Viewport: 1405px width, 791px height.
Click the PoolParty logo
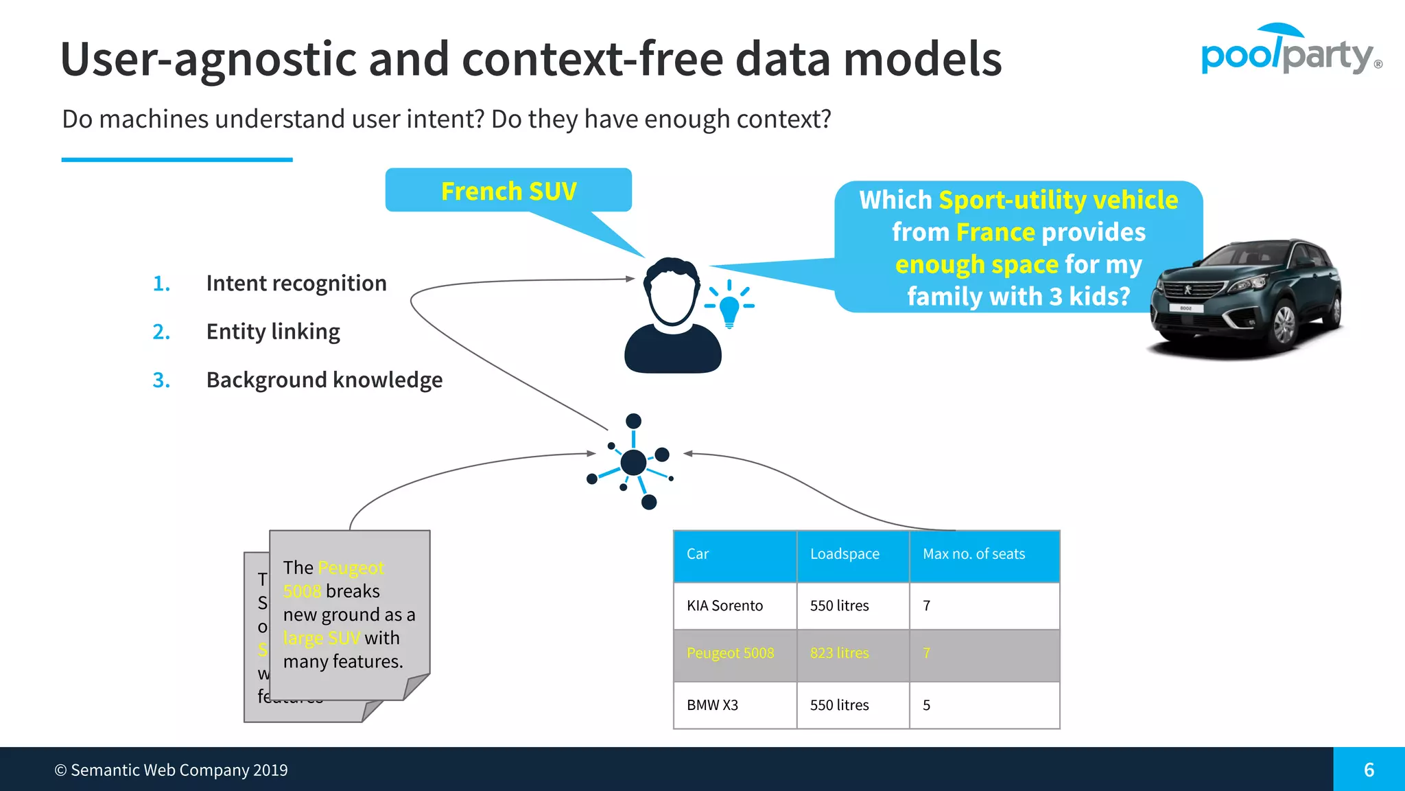pyautogui.click(x=1290, y=52)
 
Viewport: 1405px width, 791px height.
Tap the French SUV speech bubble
pyautogui.click(x=508, y=190)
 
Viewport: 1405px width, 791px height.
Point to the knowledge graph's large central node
pyautogui.click(x=633, y=462)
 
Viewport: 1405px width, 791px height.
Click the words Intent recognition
pyautogui.click(x=296, y=283)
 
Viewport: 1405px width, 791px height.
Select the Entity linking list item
pyautogui.click(x=273, y=331)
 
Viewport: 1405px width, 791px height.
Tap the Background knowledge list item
pyautogui.click(x=324, y=380)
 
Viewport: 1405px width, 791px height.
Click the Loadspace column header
pyautogui.click(x=845, y=554)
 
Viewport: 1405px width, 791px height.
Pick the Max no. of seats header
pyautogui.click(x=973, y=554)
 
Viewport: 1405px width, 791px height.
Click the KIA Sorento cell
pyautogui.click(x=725, y=606)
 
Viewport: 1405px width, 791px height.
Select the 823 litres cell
pyautogui.click(x=839, y=653)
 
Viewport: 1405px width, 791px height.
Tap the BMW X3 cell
pyautogui.click(x=713, y=705)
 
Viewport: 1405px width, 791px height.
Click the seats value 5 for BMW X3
pyautogui.click(x=927, y=705)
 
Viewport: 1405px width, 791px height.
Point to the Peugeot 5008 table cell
pyautogui.click(x=730, y=653)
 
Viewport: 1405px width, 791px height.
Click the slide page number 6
pyautogui.click(x=1369, y=770)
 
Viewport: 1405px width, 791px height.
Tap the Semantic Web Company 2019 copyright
pyautogui.click(x=172, y=770)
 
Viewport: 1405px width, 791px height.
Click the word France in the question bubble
pyautogui.click(x=995, y=232)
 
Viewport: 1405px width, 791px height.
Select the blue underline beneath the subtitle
pyautogui.click(x=177, y=160)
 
